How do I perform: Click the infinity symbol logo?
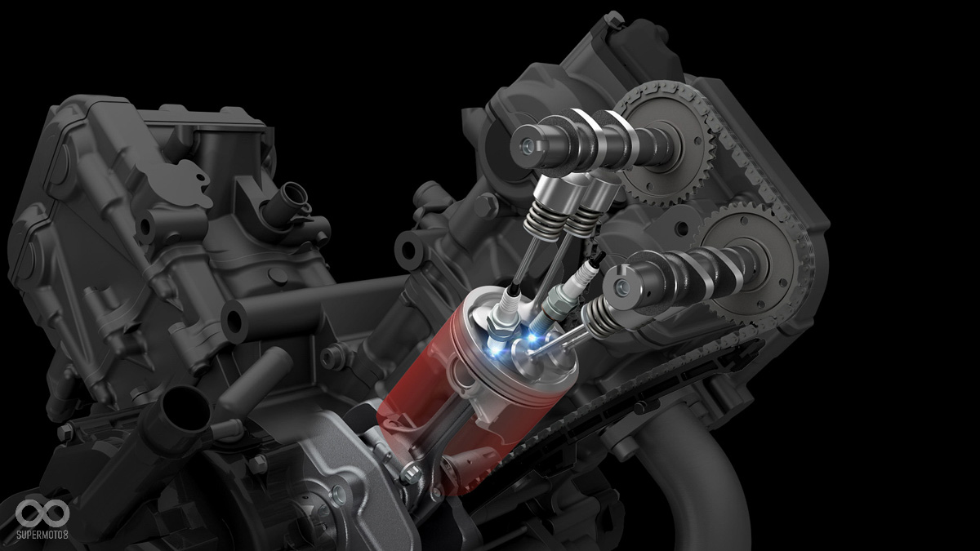point(42,512)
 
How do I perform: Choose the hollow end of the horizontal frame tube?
point(234,319)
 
